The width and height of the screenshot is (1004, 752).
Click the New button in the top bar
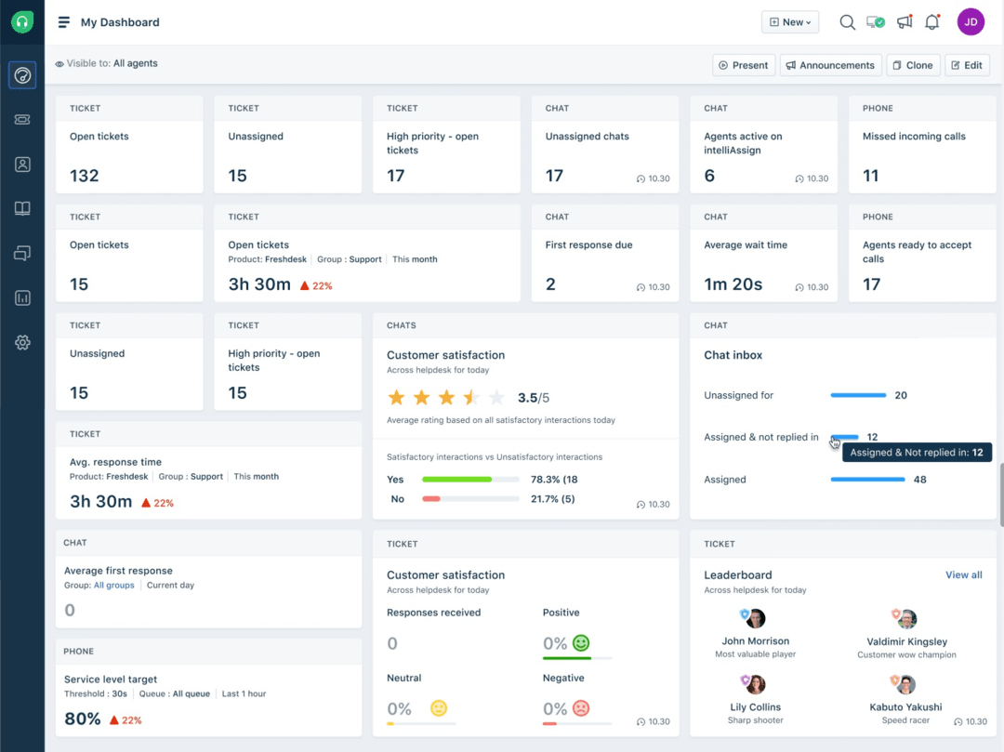point(789,22)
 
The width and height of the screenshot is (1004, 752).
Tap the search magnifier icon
point(847,22)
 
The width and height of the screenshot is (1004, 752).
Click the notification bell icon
point(931,22)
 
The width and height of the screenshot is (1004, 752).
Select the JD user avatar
point(971,22)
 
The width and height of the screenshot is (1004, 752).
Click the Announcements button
point(830,65)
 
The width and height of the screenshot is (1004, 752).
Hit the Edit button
point(967,65)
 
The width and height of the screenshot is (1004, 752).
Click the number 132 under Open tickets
point(85,176)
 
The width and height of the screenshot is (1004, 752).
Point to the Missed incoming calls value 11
point(871,176)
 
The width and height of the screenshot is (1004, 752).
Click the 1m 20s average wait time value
point(733,284)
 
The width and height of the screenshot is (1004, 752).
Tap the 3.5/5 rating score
point(533,398)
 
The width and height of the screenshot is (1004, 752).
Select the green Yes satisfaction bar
point(456,480)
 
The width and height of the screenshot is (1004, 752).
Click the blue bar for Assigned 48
point(867,480)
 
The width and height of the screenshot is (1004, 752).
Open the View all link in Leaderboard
point(963,574)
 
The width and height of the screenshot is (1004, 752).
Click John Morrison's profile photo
point(755,619)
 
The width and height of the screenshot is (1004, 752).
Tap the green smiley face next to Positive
point(581,643)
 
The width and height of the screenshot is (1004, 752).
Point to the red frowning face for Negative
point(581,708)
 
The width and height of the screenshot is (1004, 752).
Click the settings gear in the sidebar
point(23,343)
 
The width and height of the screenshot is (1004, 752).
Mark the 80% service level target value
point(83,719)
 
